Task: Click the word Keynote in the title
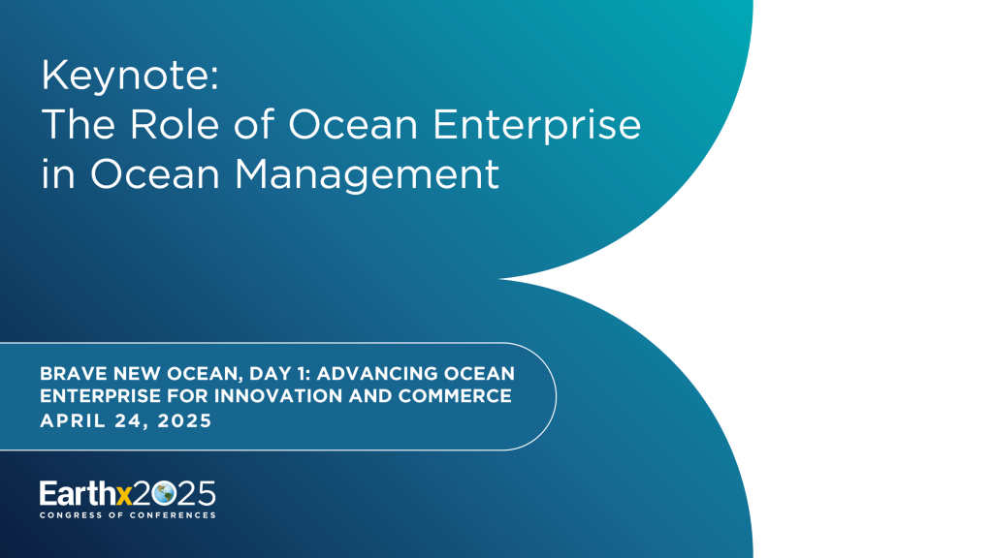click(x=130, y=76)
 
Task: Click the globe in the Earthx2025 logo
click(x=164, y=493)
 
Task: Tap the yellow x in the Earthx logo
click(x=123, y=494)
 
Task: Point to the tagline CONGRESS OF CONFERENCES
click(x=127, y=514)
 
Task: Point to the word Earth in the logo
click(x=77, y=493)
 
